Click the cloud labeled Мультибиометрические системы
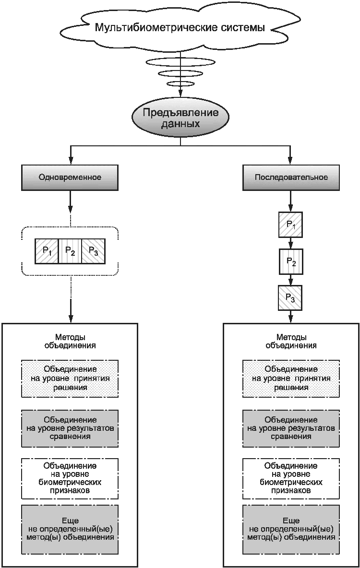click(180, 27)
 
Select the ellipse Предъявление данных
click(180, 118)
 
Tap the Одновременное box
click(70, 177)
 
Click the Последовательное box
click(291, 177)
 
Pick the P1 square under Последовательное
click(290, 225)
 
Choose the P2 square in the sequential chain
click(291, 261)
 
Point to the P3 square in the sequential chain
click(290, 298)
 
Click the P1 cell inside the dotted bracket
click(47, 251)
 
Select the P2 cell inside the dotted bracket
click(70, 251)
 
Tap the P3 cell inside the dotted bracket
click(93, 251)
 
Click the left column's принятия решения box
click(70, 379)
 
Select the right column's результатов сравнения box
click(291, 428)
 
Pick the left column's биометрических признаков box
click(70, 478)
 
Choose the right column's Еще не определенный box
click(291, 529)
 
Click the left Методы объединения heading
click(70, 341)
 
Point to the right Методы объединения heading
click(291, 341)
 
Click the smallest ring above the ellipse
click(180, 84)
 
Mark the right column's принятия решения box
click(291, 379)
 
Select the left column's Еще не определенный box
click(70, 529)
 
